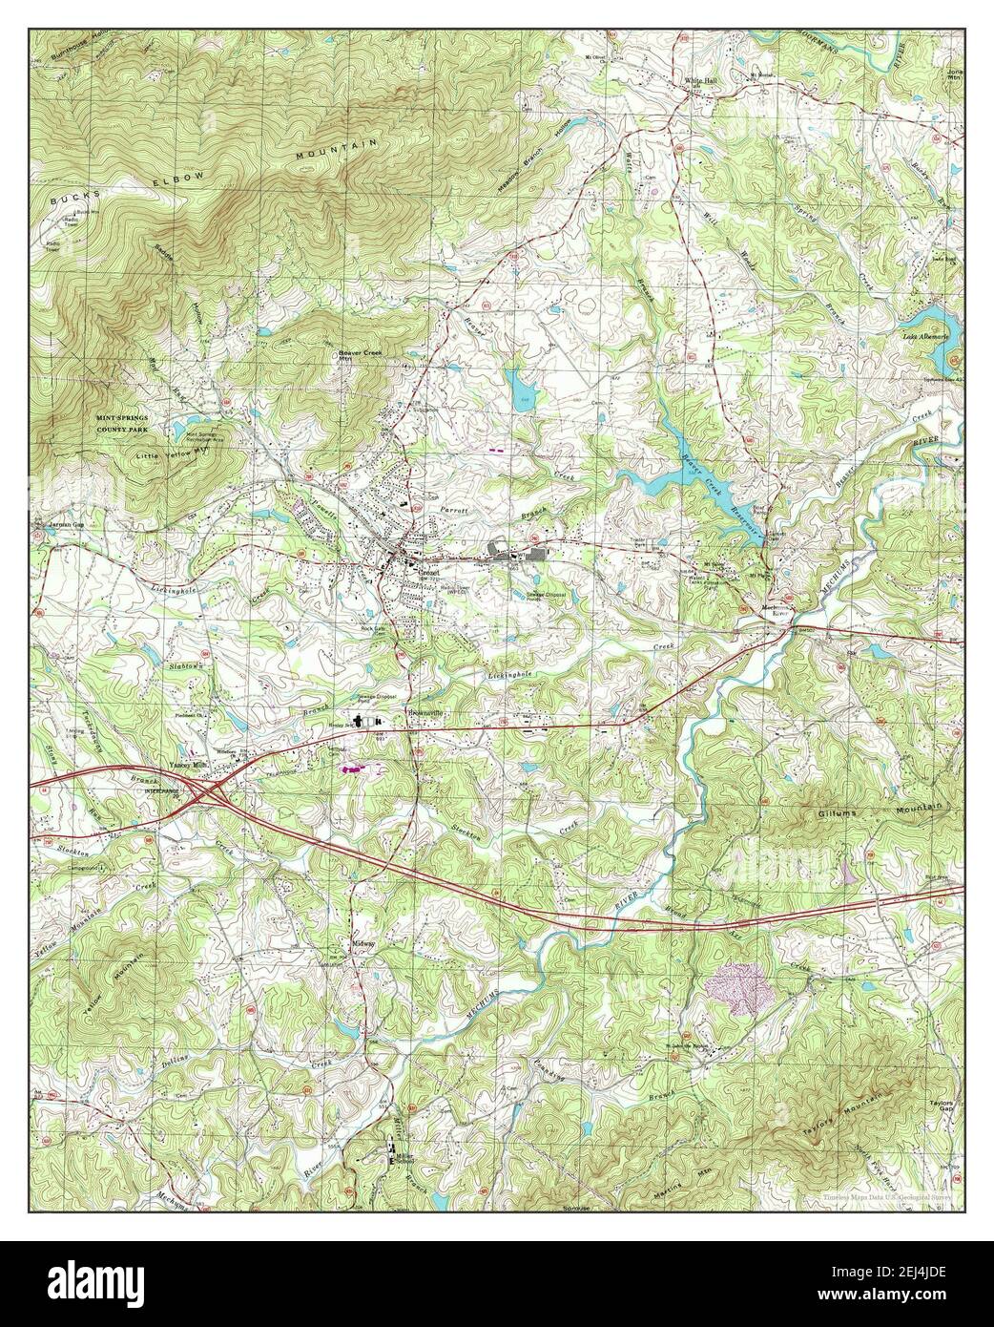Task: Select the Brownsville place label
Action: (x=427, y=713)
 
